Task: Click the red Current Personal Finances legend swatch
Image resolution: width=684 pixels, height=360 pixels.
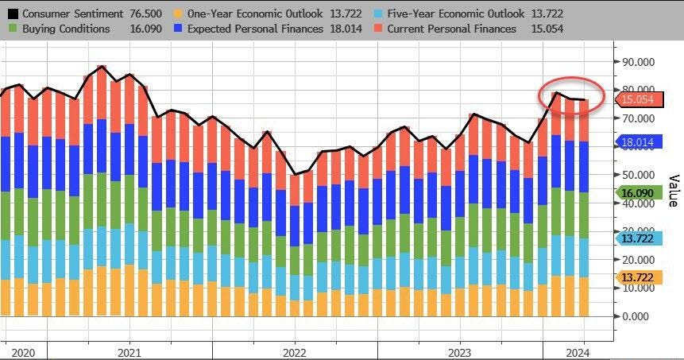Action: point(378,29)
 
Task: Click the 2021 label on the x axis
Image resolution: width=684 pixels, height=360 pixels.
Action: point(129,352)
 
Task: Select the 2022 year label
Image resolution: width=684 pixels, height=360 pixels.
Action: point(294,352)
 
